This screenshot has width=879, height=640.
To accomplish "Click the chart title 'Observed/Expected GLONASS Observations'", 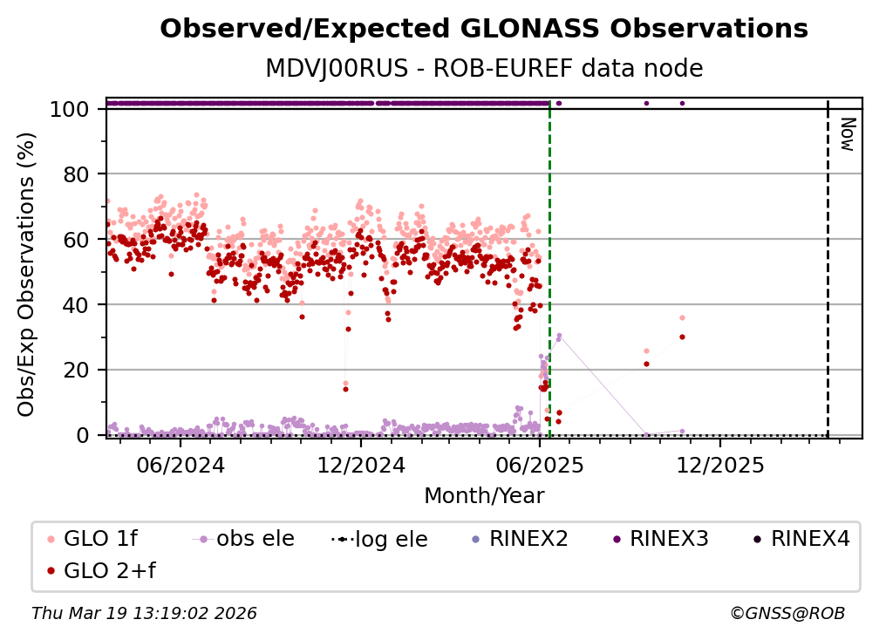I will click(484, 29).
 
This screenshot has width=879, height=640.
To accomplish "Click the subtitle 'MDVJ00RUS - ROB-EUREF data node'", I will click(484, 68).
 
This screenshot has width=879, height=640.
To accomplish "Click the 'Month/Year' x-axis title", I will click(484, 496).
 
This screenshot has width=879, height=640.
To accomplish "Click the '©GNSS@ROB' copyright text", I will click(787, 614).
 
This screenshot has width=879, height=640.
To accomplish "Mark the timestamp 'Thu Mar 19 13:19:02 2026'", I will click(144, 614).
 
